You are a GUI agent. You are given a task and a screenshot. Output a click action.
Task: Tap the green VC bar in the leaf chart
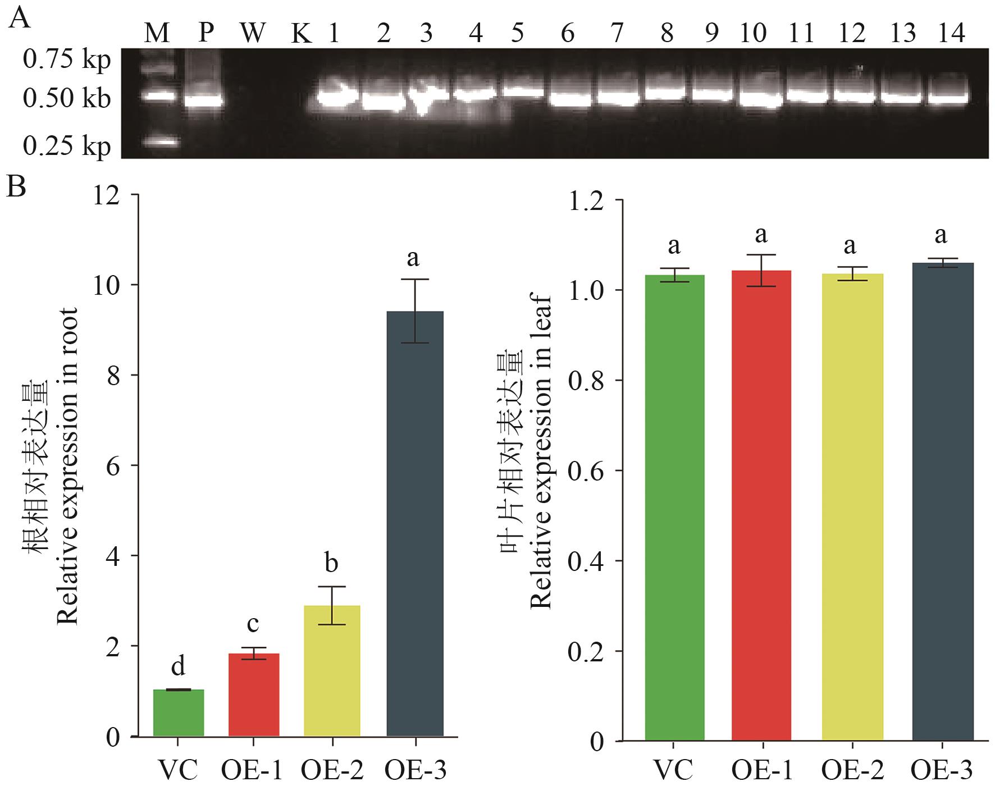(x=674, y=508)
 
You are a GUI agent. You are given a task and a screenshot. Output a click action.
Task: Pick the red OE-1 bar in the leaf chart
(x=761, y=505)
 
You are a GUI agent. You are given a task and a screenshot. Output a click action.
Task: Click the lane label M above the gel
(x=157, y=34)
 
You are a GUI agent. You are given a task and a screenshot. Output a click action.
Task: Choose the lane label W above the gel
(x=252, y=34)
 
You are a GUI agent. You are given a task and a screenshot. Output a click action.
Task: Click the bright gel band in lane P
(x=205, y=102)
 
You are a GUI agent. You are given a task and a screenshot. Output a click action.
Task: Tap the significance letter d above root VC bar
(x=178, y=666)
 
